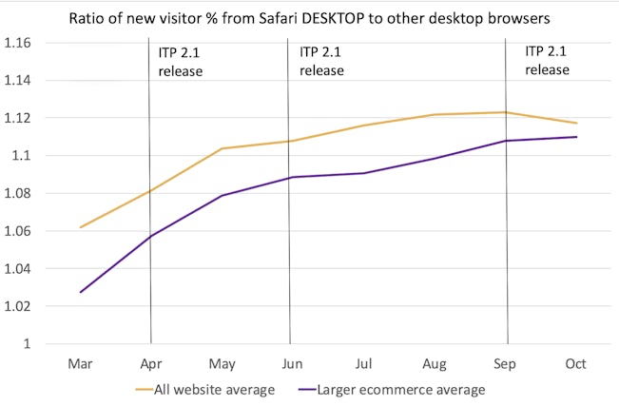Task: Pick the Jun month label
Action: point(292,364)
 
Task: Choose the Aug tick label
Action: point(435,364)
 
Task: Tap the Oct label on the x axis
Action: point(575,364)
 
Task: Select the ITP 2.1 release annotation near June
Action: point(321,61)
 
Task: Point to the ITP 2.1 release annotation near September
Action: point(547,61)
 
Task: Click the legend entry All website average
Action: point(203,389)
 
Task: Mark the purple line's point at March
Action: point(81,292)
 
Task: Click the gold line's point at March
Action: point(81,227)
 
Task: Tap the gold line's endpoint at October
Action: point(576,123)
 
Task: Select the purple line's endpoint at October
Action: point(576,137)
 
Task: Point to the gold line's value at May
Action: point(222,148)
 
